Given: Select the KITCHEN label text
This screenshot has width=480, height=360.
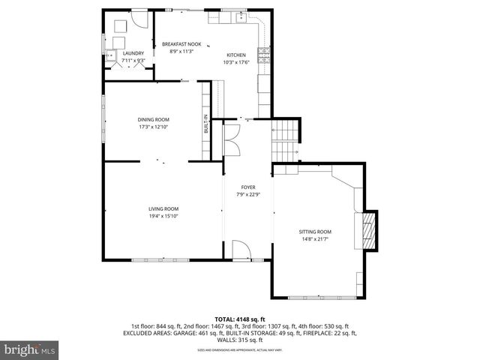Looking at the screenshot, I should point(236,55).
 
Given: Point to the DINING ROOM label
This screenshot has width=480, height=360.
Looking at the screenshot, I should point(153,120).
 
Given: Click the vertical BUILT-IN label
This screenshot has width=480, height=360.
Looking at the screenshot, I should point(205,124).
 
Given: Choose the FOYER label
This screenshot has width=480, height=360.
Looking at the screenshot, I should point(247,187).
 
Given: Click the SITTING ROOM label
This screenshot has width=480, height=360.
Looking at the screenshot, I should point(314,232).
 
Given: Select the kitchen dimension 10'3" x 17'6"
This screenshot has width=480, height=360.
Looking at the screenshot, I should point(236,63).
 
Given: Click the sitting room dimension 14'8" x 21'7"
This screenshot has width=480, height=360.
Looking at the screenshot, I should point(314,240).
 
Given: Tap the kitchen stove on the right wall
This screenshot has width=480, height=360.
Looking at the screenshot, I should point(263,53).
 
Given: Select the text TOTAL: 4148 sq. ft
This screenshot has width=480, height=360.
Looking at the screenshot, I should point(240,319).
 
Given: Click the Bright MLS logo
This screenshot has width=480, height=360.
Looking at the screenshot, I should point(30,350).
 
